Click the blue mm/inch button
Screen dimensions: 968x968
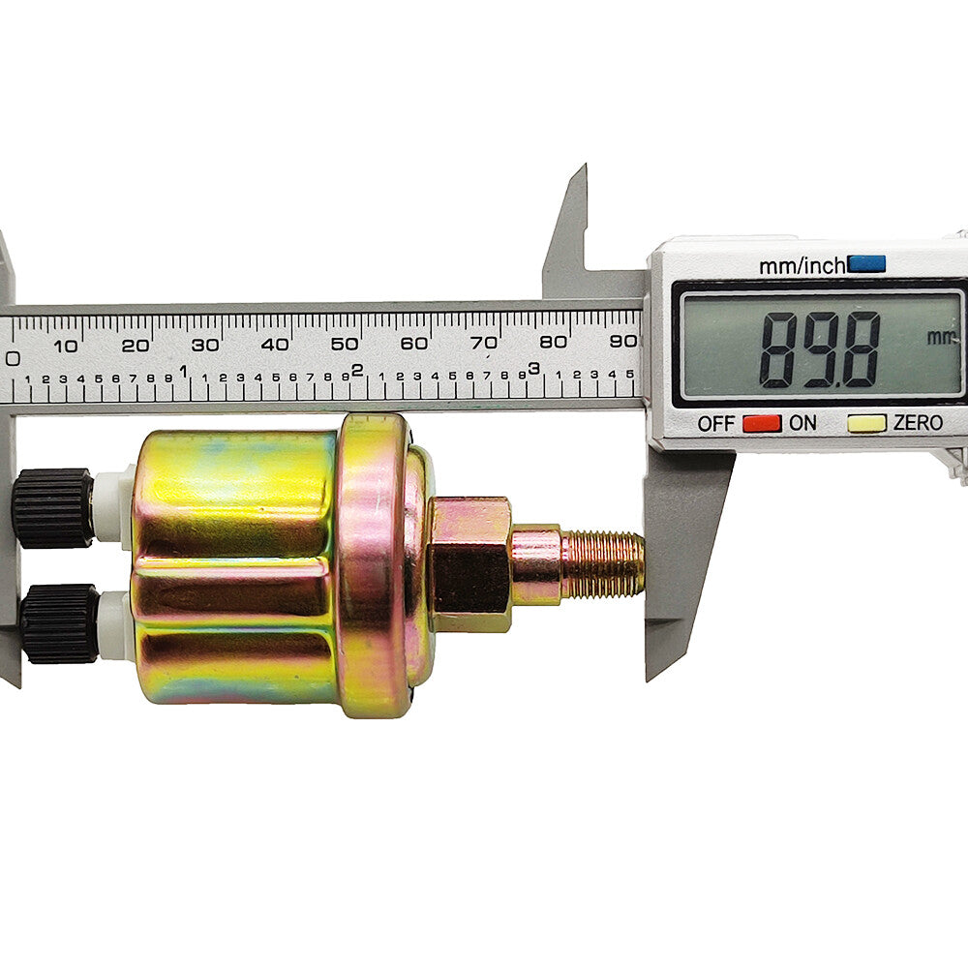tap(866, 264)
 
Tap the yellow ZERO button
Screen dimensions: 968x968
tap(866, 424)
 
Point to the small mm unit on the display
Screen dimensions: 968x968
tap(941, 337)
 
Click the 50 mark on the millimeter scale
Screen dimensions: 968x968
tap(344, 344)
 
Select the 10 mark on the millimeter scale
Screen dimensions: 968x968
tap(66, 346)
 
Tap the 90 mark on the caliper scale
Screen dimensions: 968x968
tap(622, 342)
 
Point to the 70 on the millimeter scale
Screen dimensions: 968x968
tap(484, 343)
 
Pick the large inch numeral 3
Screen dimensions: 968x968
tap(533, 369)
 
